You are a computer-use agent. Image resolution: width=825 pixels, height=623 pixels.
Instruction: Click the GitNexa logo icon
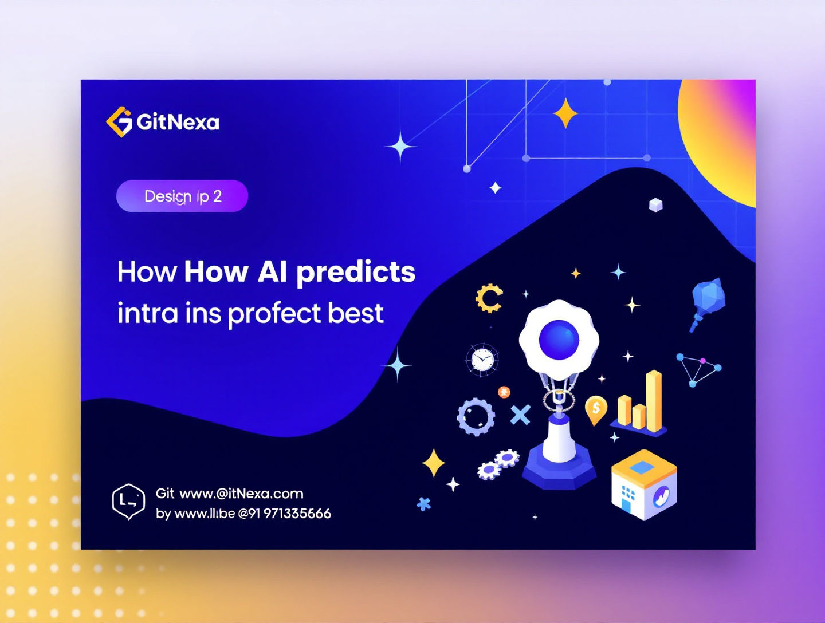(120, 121)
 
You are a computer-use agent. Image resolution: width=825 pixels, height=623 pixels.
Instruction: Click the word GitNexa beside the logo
(178, 122)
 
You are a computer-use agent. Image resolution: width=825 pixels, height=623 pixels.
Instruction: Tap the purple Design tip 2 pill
(182, 196)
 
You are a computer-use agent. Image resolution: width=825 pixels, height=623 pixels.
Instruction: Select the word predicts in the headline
(356, 272)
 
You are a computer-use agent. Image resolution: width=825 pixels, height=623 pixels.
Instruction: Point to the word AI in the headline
(272, 271)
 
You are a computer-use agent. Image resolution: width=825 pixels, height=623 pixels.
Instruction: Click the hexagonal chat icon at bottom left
(128, 501)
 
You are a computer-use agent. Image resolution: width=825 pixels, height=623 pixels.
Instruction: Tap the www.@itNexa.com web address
(241, 494)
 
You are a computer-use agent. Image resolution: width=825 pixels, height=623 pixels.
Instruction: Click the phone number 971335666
(297, 514)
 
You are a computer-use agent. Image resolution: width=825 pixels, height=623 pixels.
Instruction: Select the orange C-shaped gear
(489, 298)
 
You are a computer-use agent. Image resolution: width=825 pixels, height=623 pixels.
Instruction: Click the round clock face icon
(482, 360)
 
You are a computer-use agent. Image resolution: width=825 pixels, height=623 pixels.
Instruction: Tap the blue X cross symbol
(520, 415)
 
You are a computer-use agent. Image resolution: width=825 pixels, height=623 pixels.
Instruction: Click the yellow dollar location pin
(596, 409)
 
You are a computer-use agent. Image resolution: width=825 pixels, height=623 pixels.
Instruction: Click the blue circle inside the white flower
(559, 340)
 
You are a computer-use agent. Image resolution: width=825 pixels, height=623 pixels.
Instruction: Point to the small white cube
(655, 205)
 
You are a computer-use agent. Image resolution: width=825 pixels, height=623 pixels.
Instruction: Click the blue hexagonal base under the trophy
(560, 468)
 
